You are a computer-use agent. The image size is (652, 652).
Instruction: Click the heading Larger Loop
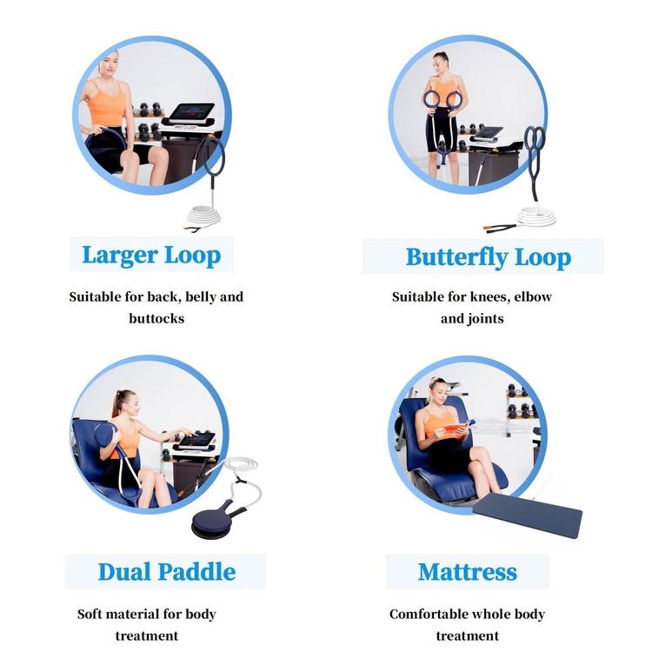151,255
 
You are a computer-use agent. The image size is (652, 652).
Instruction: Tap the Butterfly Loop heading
489,257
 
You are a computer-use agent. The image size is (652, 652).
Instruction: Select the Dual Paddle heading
167,572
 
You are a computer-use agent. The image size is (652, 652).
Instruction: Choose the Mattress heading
468,572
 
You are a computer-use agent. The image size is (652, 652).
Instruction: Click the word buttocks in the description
156,318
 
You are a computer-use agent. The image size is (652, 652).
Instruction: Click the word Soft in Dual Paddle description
90,614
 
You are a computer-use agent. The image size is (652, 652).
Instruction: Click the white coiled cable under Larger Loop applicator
203,216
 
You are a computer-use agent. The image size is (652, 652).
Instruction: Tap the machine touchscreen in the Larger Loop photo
192,112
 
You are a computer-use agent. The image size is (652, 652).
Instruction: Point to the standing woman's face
440,63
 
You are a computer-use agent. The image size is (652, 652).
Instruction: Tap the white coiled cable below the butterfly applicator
537,216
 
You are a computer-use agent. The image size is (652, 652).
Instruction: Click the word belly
201,297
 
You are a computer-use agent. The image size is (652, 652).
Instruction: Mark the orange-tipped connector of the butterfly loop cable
488,228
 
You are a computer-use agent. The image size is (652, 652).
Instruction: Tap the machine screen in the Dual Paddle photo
196,441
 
